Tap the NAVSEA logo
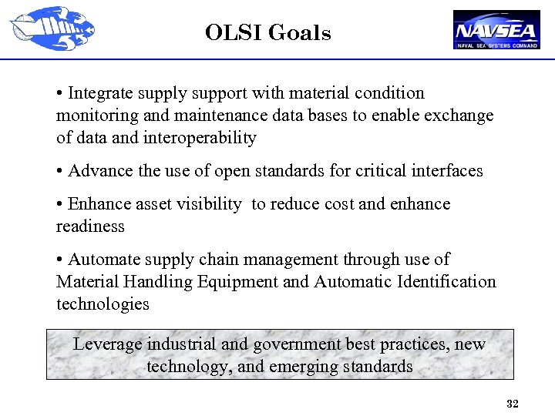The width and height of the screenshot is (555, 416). [x=496, y=30]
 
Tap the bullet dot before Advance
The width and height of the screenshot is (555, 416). [x=60, y=171]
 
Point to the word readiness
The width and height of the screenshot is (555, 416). [x=90, y=226]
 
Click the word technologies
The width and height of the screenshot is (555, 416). [x=103, y=304]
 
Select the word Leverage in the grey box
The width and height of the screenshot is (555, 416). [x=106, y=344]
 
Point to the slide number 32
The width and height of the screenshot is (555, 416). [x=512, y=404]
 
